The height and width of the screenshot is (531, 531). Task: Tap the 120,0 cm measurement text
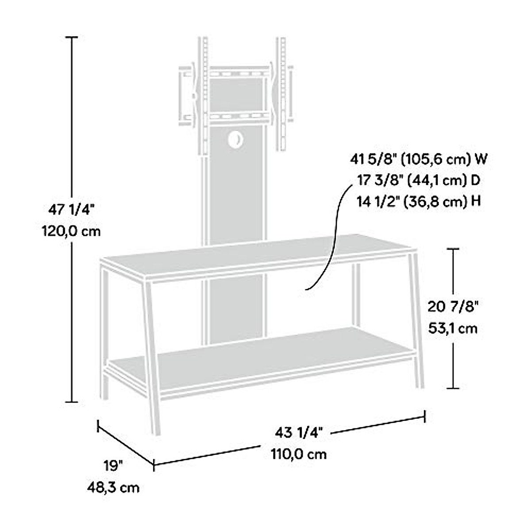tap(71, 231)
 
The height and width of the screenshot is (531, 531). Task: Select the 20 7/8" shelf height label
tap(454, 306)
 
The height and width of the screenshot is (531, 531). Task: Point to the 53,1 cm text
tap(454, 328)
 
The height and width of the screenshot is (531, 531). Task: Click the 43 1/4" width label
tap(296, 432)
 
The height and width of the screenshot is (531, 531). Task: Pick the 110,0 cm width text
tap(299, 454)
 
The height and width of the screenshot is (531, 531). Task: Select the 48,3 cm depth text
tap(113, 487)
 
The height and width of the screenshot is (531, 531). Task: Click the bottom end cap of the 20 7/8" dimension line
tap(452, 388)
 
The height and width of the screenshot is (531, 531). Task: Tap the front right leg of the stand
tap(418, 323)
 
